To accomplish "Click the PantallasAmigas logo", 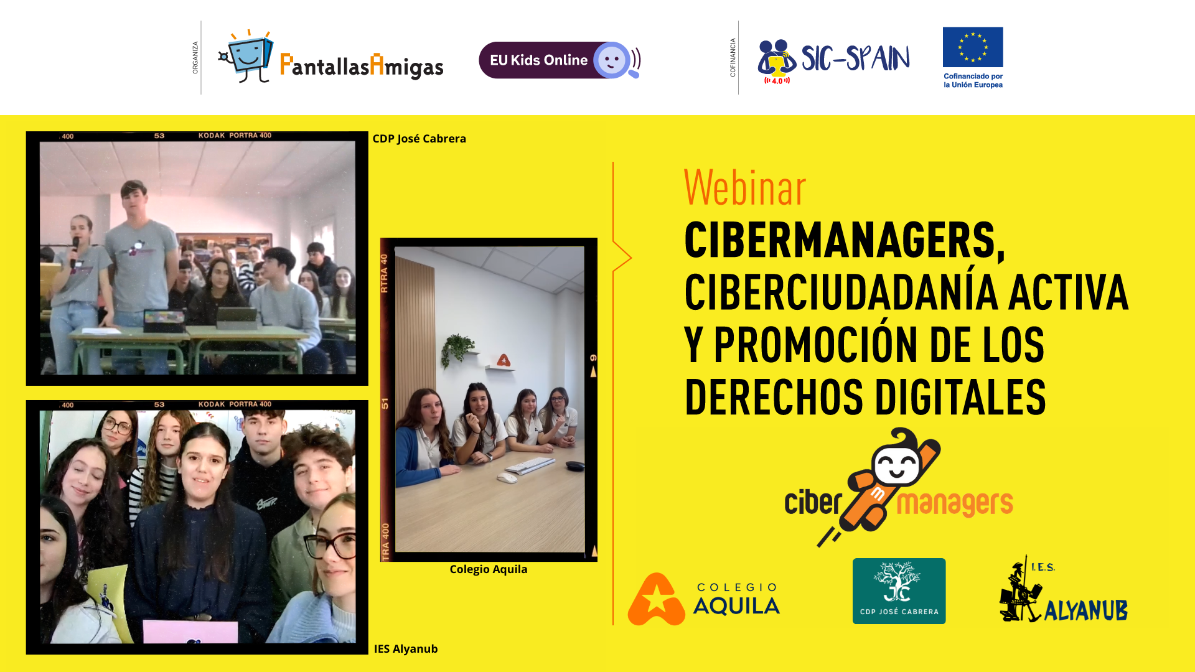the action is [330, 57].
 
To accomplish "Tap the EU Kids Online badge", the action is [560, 60].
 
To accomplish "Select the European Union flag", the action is [973, 47].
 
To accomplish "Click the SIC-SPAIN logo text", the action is [855, 58].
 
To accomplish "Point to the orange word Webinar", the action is [744, 187].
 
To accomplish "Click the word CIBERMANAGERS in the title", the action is [844, 240].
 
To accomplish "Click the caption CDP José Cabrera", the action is [419, 139].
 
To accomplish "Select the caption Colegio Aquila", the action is [488, 569].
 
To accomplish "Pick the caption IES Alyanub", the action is [405, 649].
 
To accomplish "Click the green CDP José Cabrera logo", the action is [899, 591].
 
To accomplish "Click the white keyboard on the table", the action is [530, 465].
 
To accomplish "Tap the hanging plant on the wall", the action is [457, 348].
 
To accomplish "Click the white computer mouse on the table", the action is [507, 478].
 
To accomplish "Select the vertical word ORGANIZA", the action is [195, 58].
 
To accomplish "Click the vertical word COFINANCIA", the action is [733, 57].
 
